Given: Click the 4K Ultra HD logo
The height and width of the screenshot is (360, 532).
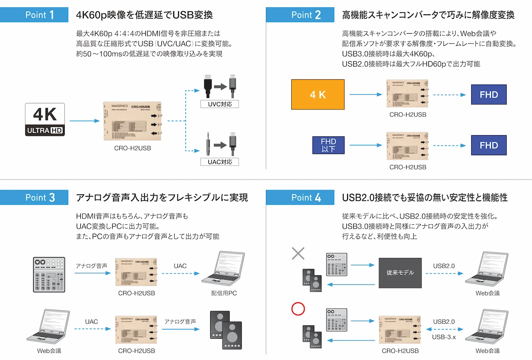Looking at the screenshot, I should [45, 119].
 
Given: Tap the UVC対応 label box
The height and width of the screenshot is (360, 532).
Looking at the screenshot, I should [220, 104].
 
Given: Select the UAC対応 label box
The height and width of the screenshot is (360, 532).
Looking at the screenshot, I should [220, 162].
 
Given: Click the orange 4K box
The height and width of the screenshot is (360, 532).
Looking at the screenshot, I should [317, 94].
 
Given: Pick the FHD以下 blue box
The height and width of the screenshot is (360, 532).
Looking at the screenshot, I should [329, 145].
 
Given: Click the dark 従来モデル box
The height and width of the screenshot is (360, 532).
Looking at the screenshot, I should [400, 272].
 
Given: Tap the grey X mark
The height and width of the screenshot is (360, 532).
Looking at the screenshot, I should [298, 253].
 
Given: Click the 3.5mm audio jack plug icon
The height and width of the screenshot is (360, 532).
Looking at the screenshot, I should [207, 144].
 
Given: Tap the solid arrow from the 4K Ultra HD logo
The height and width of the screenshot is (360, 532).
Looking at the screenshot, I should [84, 120].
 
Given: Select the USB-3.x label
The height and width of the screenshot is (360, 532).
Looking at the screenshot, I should [444, 337].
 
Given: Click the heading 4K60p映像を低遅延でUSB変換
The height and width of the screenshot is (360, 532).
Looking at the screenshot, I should [145, 15].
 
